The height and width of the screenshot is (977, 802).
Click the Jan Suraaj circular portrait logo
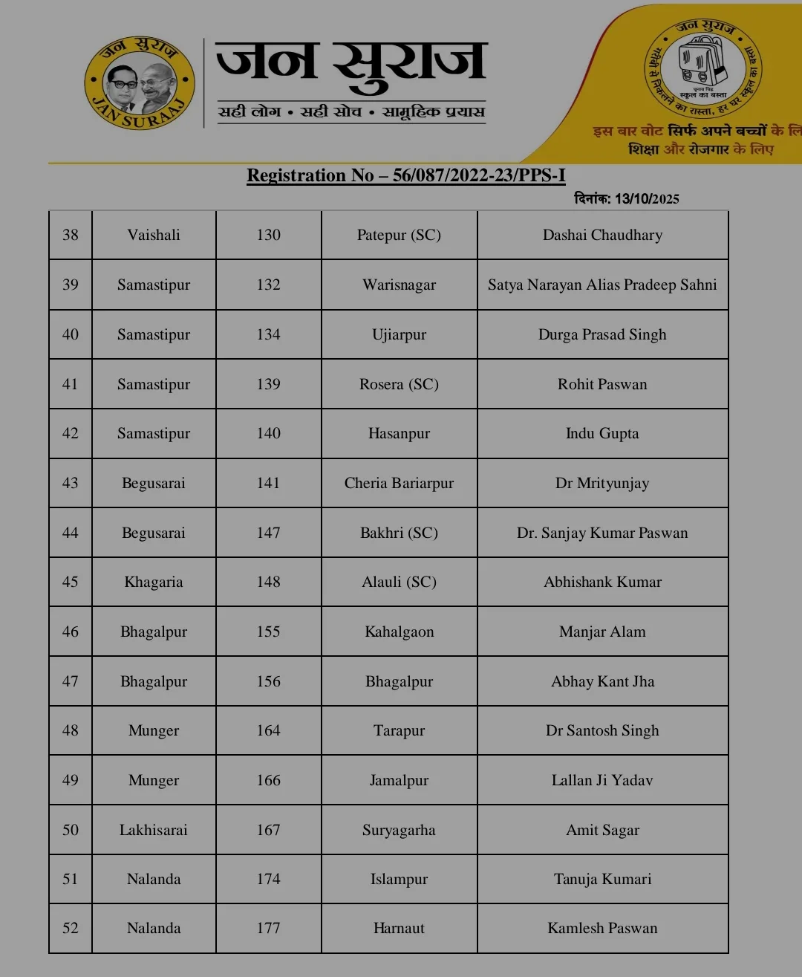tap(140, 83)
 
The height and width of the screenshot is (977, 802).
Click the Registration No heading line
tap(405, 175)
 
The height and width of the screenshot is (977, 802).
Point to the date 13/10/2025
tap(646, 199)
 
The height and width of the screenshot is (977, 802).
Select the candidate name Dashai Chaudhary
tap(602, 236)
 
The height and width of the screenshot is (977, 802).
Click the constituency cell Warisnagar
tap(399, 285)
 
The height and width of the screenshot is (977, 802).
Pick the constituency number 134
tap(268, 335)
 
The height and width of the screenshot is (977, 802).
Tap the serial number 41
tap(71, 385)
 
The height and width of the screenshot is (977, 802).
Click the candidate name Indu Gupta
tap(602, 434)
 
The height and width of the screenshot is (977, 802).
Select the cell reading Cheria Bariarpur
tap(399, 484)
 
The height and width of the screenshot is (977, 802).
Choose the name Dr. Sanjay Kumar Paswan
tap(602, 533)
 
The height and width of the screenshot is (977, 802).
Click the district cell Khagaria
tap(154, 582)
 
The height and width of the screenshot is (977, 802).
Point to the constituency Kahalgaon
tap(399, 632)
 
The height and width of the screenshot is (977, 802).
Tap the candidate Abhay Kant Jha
tap(602, 682)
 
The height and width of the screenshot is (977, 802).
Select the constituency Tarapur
tap(399, 731)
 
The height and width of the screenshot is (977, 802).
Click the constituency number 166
tap(268, 781)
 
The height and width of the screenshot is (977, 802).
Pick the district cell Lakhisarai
tap(154, 831)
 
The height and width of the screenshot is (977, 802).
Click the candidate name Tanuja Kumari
tap(602, 880)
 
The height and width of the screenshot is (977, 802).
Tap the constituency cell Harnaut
tap(399, 929)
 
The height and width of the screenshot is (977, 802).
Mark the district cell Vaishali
tap(154, 236)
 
